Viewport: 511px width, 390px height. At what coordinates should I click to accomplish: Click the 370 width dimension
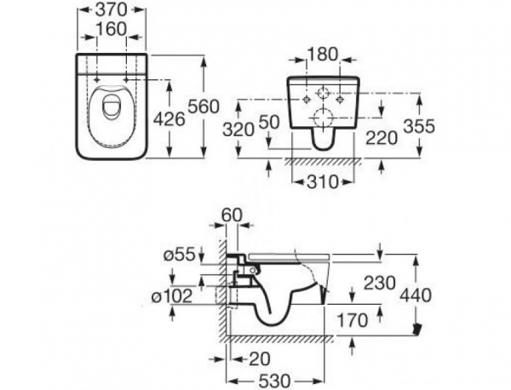coord(112,10)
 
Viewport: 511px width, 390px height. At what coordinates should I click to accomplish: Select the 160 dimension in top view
coord(112,29)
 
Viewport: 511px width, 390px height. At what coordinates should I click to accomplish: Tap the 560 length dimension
coord(204,106)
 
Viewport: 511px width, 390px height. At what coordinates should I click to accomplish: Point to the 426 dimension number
coord(169,119)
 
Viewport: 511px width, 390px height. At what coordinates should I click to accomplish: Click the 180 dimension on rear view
coord(323,54)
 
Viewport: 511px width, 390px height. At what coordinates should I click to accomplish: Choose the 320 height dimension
coord(238,129)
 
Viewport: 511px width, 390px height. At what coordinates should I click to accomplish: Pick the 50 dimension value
coord(269,123)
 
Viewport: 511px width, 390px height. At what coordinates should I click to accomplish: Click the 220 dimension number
coord(382,138)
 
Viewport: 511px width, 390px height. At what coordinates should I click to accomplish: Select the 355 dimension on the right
coord(419,126)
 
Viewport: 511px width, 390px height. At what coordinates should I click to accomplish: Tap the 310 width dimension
coord(323,181)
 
